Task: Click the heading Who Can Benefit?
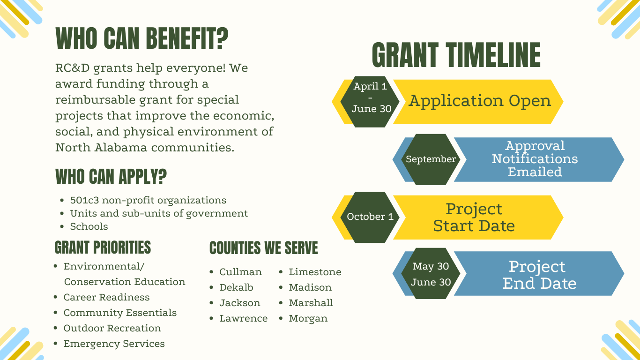(x=142, y=39)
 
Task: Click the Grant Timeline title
(x=455, y=55)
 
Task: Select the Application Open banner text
(x=480, y=101)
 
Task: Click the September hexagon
(x=431, y=159)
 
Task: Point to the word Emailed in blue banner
(x=535, y=172)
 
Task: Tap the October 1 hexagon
(x=370, y=217)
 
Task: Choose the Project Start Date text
(x=474, y=217)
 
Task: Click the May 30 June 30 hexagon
(x=431, y=274)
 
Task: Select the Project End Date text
(x=539, y=275)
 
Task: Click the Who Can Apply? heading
(x=111, y=177)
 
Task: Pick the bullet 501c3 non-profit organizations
(x=148, y=200)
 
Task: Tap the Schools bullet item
(x=89, y=226)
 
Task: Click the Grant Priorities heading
(x=103, y=247)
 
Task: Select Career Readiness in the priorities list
(x=106, y=297)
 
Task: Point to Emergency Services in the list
(x=114, y=344)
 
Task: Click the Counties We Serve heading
(x=263, y=248)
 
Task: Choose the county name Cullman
(x=240, y=272)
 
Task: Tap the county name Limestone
(x=315, y=272)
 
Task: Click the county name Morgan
(x=308, y=318)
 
